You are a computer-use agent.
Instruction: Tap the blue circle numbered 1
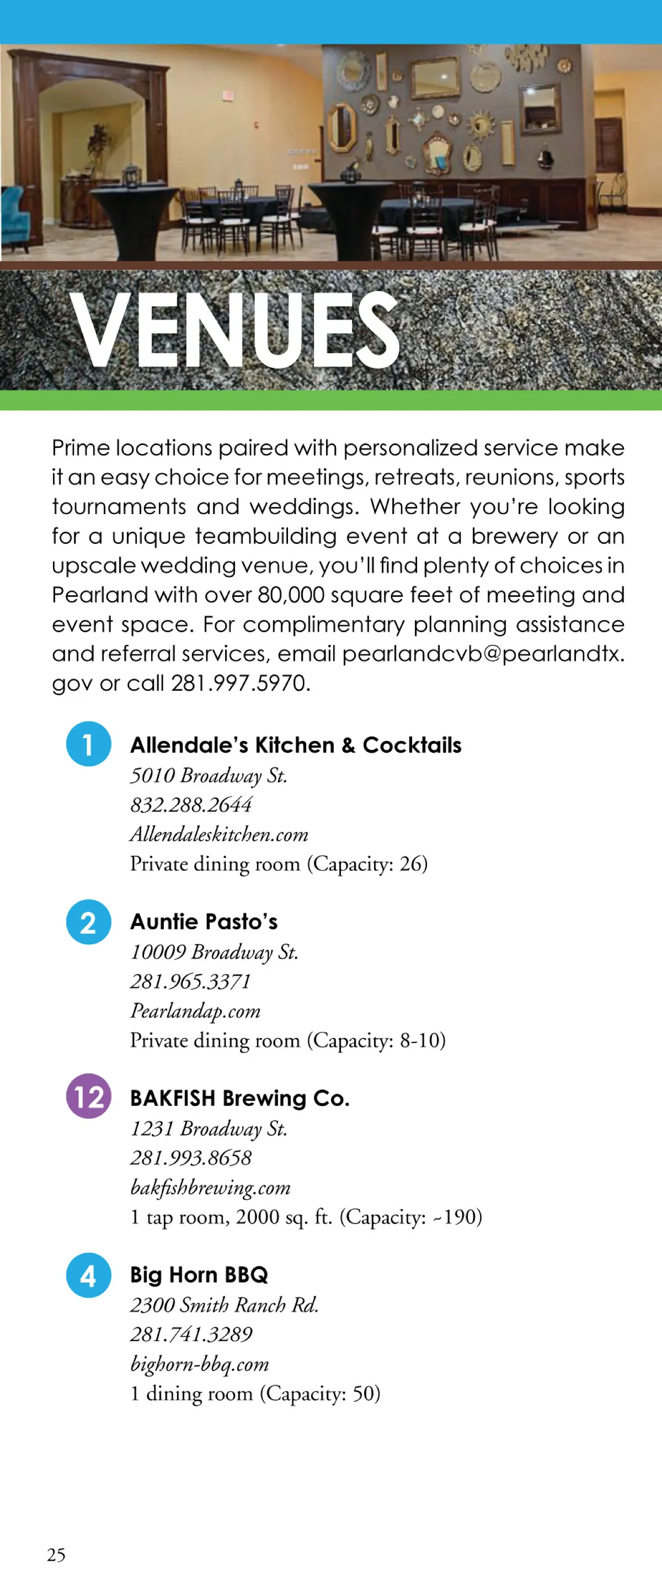pyautogui.click(x=89, y=743)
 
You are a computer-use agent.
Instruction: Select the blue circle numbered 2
pyautogui.click(x=89, y=921)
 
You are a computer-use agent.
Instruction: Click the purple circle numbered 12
pyautogui.click(x=89, y=1096)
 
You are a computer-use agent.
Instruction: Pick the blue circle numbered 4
pyautogui.click(x=89, y=1275)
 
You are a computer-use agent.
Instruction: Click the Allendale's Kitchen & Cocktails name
pyautogui.click(x=295, y=745)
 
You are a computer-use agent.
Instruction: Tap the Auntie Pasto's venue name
pyautogui.click(x=204, y=921)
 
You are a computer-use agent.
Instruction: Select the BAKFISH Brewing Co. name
pyautogui.click(x=240, y=1098)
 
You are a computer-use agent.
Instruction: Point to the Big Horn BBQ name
pyautogui.click(x=199, y=1274)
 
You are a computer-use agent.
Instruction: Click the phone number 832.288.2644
pyautogui.click(x=191, y=804)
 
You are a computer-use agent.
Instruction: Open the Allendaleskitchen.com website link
pyautogui.click(x=219, y=834)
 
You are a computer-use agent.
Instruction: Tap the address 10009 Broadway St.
pyautogui.click(x=214, y=952)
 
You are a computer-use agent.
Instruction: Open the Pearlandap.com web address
pyautogui.click(x=195, y=1010)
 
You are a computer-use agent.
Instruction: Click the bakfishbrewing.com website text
pyautogui.click(x=210, y=1188)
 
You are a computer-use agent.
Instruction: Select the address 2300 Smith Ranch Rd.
pyautogui.click(x=224, y=1305)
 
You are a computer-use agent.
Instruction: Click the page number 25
pyautogui.click(x=56, y=1554)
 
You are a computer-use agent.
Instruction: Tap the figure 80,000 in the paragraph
pyautogui.click(x=291, y=595)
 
